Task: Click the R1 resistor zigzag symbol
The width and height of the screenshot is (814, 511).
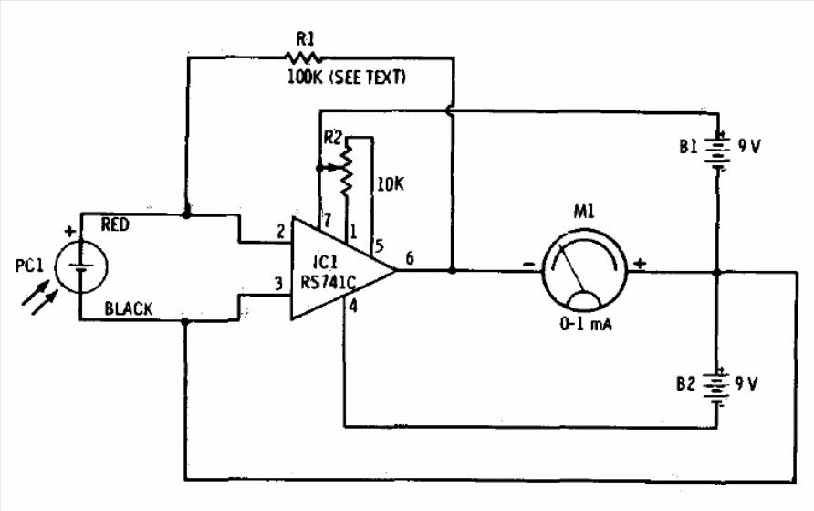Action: point(303,57)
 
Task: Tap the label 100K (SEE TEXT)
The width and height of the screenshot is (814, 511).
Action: point(346,78)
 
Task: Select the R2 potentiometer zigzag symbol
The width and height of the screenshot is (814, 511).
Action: point(346,170)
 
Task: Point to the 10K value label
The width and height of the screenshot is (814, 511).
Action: point(391,184)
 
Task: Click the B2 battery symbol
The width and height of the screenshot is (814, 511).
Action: point(716,386)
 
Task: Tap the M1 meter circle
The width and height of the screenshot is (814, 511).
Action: point(585,269)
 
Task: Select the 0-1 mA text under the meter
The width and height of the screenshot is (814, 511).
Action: point(586,325)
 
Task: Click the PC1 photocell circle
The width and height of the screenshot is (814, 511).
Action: point(80,266)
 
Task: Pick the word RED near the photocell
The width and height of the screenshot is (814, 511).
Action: point(115,224)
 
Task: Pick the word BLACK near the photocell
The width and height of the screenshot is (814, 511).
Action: point(129,308)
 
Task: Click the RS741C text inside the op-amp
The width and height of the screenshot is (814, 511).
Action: point(329,282)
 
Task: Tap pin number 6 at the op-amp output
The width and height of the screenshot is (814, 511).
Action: point(410,257)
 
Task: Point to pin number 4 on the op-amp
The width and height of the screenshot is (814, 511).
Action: point(353,306)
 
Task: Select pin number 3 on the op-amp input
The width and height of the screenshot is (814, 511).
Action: point(278,284)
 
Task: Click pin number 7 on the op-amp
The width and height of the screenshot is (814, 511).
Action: point(327,220)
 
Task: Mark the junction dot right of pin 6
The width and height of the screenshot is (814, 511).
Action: point(452,270)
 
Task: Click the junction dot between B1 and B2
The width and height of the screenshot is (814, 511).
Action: point(717,272)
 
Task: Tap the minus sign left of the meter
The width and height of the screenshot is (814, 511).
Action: point(528,265)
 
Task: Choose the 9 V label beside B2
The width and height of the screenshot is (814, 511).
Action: point(746,384)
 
